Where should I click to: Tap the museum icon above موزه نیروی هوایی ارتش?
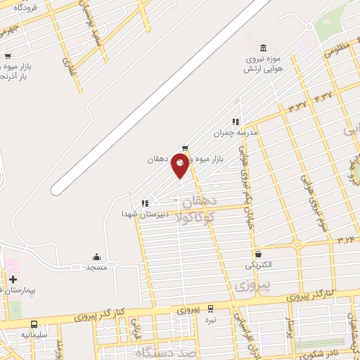(x=263, y=48)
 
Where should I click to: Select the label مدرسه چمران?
(x=237, y=132)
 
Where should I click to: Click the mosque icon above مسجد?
(x=96, y=257)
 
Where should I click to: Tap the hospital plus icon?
(x=13, y=279)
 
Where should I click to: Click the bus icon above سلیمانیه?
(x=34, y=324)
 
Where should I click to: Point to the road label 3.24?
(x=345, y=240)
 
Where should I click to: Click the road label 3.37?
(x=297, y=107)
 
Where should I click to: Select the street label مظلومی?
(x=337, y=51)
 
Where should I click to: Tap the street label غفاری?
(x=70, y=66)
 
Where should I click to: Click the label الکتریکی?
(x=257, y=266)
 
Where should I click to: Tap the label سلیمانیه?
(x=33, y=335)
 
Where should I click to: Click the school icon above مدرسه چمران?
(x=236, y=121)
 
